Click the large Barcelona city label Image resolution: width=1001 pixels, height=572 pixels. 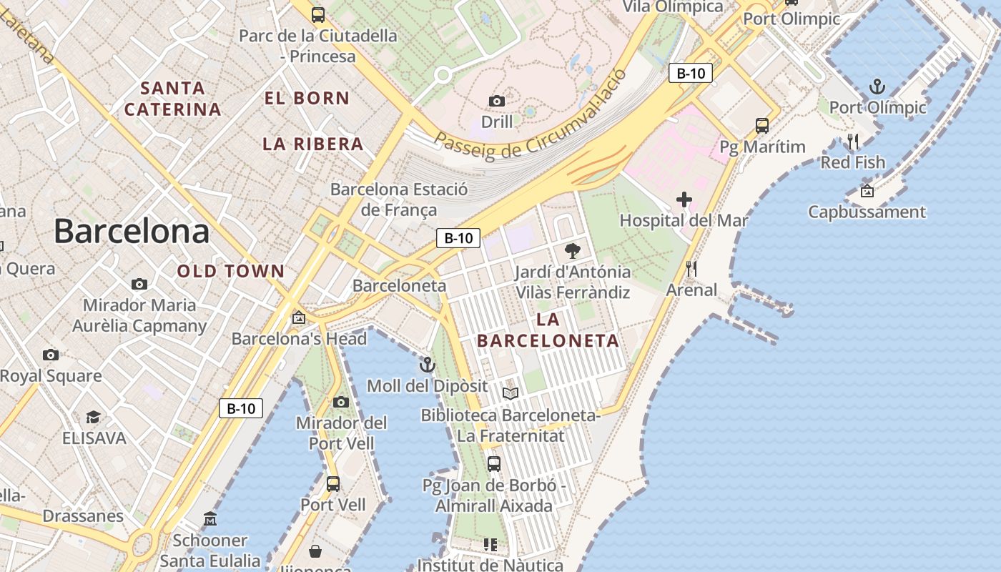(x=132, y=232)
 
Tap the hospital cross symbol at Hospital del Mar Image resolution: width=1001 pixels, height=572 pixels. (x=684, y=199)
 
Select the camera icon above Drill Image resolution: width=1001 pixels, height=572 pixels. (x=497, y=101)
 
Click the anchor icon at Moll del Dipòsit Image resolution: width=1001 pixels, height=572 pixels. (x=427, y=365)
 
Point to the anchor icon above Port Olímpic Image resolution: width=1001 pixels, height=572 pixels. (x=877, y=87)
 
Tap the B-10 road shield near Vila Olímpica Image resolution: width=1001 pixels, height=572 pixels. (x=690, y=73)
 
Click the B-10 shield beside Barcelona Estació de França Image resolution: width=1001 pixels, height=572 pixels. (x=458, y=238)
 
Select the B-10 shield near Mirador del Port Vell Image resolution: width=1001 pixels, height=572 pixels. (x=241, y=408)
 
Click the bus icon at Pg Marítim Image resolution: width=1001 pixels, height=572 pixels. (x=762, y=126)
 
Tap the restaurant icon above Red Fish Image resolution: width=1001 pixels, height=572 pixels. (x=852, y=141)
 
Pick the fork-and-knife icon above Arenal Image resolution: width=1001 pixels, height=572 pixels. (x=691, y=269)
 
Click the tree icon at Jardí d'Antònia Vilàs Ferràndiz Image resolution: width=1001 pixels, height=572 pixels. (x=572, y=251)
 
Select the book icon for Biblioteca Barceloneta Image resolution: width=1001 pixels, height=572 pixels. (x=510, y=393)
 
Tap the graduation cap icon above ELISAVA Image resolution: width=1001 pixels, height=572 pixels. (x=93, y=417)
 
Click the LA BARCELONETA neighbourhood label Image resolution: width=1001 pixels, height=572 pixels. (x=548, y=330)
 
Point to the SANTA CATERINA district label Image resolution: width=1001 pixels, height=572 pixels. (x=172, y=99)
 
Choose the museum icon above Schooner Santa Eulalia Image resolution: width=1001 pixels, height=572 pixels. (x=209, y=518)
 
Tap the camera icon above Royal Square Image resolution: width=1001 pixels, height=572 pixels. (x=50, y=355)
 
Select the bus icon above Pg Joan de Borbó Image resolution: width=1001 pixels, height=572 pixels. (x=493, y=463)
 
